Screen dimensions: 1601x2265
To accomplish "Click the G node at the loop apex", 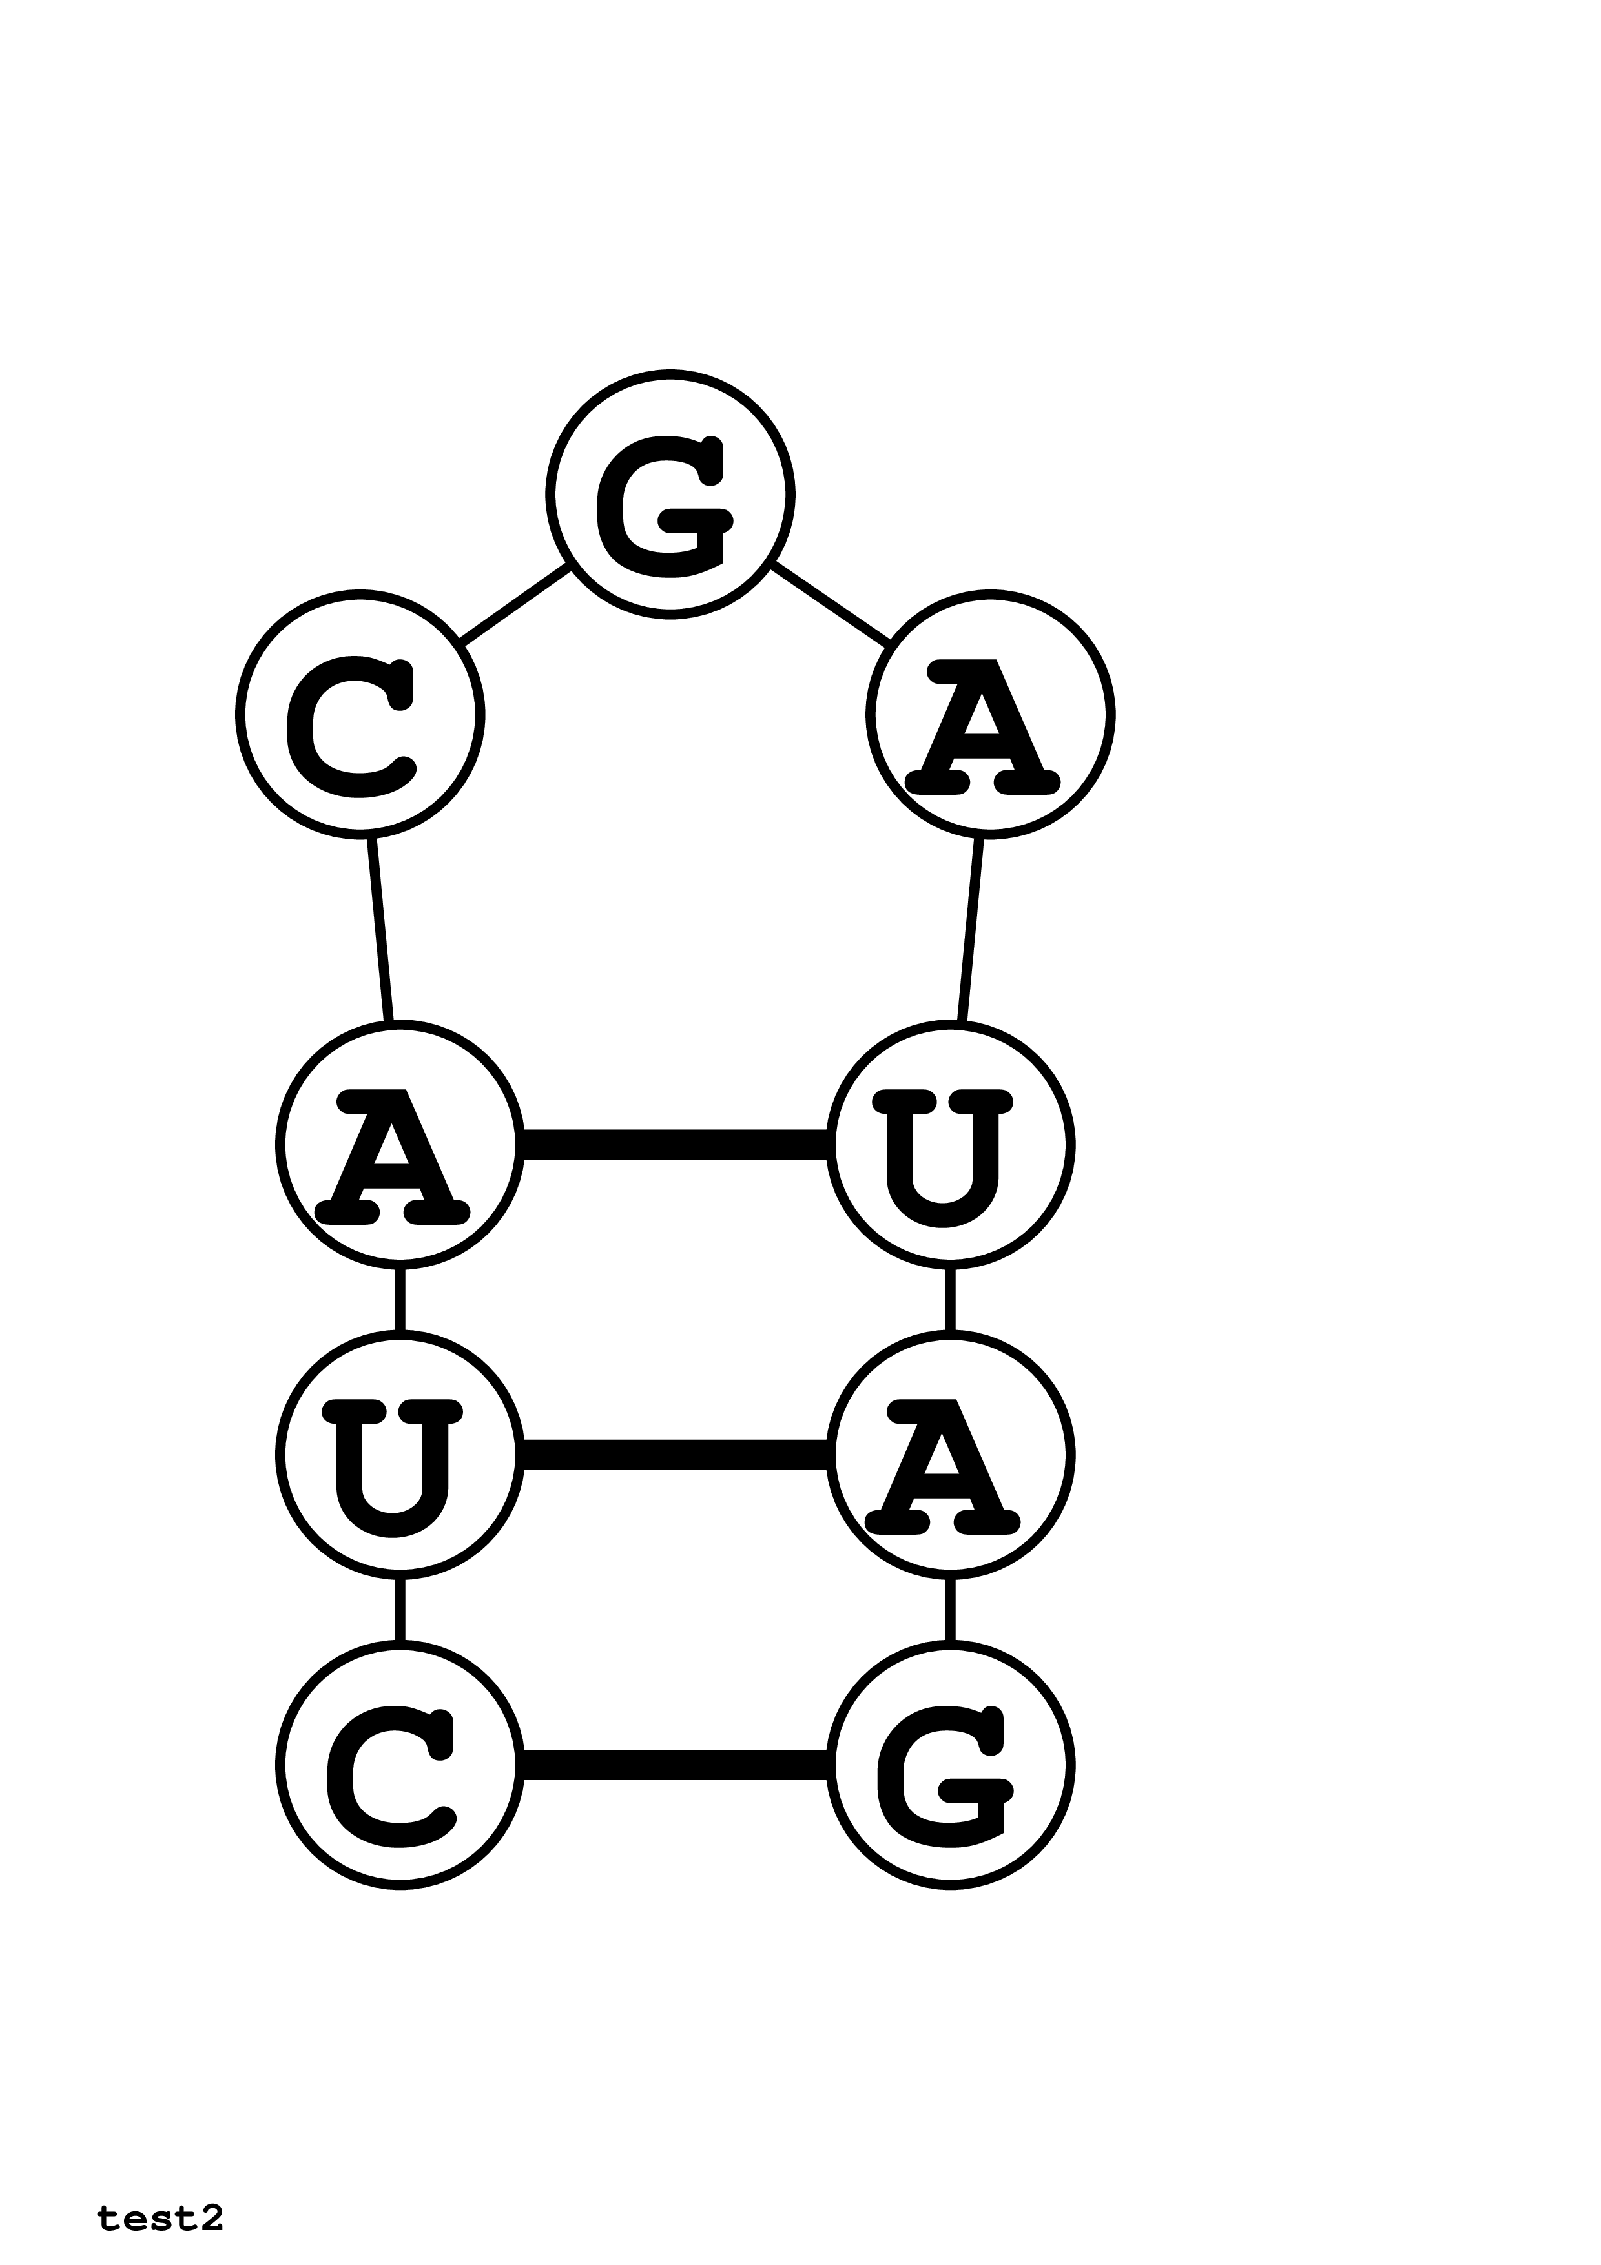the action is [670, 495].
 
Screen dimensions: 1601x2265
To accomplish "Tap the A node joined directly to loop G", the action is [991, 714].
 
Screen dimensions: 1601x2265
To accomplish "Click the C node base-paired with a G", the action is [400, 1778].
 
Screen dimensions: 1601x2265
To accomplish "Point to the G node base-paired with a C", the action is [950, 1778].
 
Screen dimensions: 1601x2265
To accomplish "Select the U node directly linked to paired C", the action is [400, 1455].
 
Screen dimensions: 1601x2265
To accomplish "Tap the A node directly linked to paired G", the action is [950, 1455].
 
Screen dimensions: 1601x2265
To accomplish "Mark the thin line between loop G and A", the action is [831, 604].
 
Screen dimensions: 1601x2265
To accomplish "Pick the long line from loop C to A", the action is [381, 929].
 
